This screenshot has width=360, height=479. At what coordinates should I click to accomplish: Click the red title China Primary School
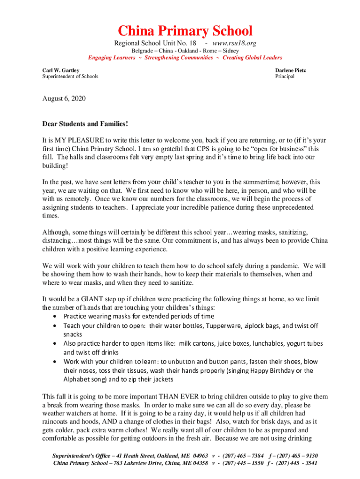185,31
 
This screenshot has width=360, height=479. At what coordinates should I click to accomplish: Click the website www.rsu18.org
234,44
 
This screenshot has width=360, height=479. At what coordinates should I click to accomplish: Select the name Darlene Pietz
290,70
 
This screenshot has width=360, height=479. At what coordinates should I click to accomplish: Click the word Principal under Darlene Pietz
285,76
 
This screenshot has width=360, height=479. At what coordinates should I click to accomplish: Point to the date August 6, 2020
64,99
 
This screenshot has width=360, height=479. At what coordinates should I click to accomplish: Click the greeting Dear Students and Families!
85,124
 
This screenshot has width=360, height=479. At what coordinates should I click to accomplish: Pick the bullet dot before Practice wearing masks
56,317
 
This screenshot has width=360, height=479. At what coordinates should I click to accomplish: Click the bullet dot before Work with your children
56,362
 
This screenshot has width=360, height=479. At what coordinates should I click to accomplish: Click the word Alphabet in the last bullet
78,379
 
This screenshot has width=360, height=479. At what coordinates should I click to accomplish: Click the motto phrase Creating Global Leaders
252,58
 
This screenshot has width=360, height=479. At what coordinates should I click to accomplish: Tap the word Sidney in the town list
230,51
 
